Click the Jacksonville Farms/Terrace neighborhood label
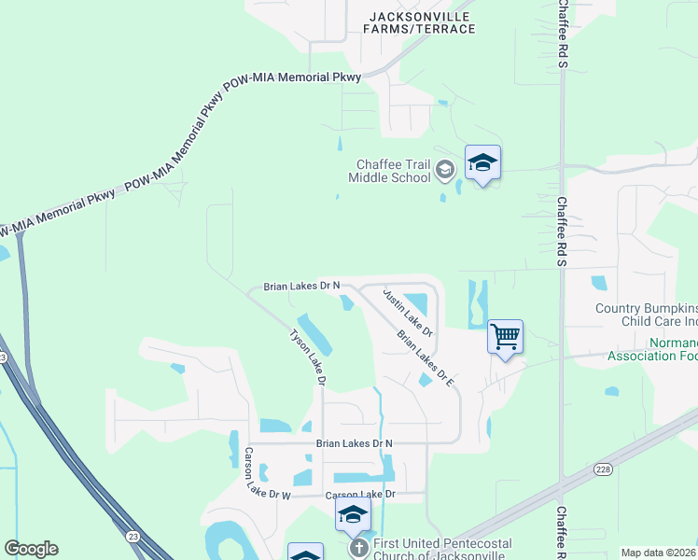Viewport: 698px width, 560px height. [422, 22]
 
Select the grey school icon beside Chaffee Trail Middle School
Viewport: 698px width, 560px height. [445, 170]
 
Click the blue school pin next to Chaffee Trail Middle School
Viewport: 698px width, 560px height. [482, 163]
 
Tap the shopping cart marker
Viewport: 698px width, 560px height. [505, 336]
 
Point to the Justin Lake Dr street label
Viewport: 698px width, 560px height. [408, 313]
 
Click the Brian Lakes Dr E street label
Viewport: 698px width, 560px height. [425, 359]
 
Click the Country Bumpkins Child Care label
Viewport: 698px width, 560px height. [647, 315]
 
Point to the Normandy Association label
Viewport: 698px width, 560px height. [652, 349]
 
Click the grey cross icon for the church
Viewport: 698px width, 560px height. [357, 549]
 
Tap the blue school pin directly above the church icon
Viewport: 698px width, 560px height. [353, 514]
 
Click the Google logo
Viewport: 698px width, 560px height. [31, 549]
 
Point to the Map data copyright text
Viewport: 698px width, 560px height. [658, 553]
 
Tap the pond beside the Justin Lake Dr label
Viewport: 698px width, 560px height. [417, 303]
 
